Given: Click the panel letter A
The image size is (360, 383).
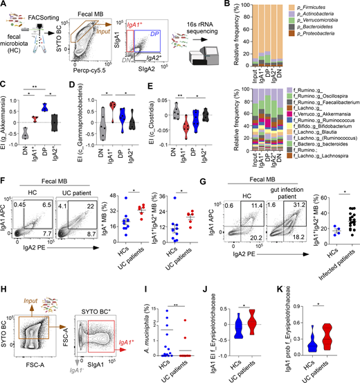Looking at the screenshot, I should point(5,6).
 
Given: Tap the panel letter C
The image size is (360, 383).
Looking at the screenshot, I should point(5,85).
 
